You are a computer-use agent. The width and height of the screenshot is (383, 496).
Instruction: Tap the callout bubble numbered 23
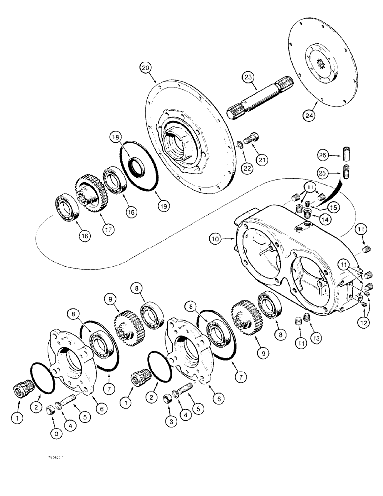248,77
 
